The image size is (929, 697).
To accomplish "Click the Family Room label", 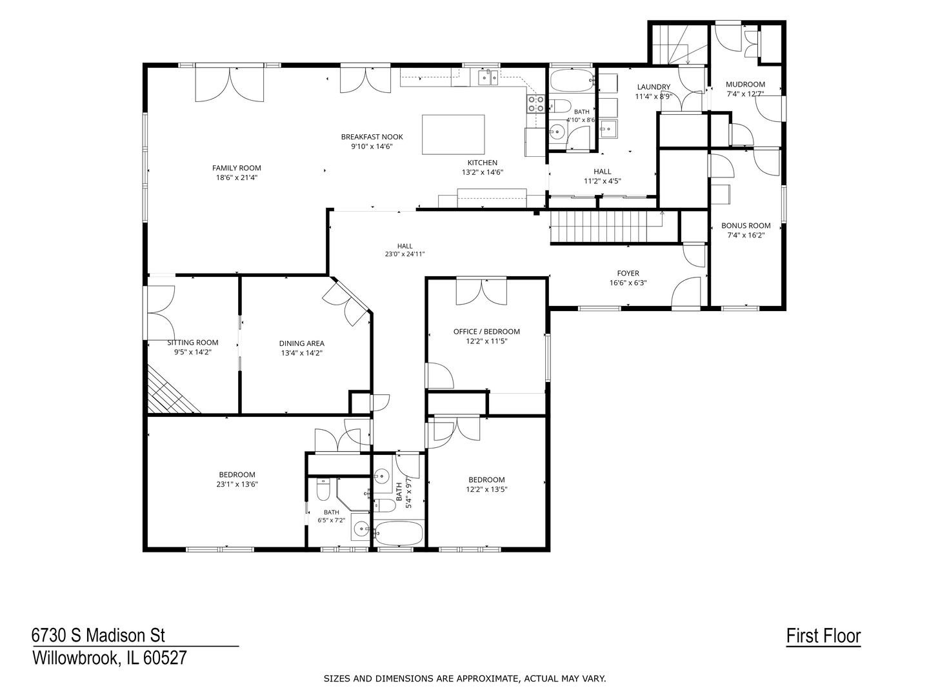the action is [x=237, y=168].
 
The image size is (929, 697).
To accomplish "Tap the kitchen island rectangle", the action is [x=454, y=135].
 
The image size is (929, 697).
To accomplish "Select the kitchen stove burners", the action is [x=535, y=104].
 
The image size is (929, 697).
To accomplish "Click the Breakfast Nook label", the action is [x=372, y=137].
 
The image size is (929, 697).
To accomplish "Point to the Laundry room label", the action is [x=654, y=86].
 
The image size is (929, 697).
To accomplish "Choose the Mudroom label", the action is [x=745, y=84].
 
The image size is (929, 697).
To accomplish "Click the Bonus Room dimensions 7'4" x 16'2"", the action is [x=746, y=236].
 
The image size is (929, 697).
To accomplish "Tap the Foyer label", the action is [x=628, y=274].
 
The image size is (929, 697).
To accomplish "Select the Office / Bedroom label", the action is [x=486, y=331].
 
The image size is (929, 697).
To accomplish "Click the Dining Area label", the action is [x=302, y=343].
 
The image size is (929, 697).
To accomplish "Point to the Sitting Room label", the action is [x=193, y=342].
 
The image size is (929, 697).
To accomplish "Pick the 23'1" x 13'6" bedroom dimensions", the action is [x=237, y=484].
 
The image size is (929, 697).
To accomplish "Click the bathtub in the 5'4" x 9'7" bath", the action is [x=399, y=533].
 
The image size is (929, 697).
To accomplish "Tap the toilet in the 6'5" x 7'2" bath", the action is [x=323, y=490].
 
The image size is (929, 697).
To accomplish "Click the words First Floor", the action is [x=823, y=636].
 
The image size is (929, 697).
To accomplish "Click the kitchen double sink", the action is [x=488, y=78].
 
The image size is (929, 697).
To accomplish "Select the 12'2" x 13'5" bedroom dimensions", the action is [x=486, y=489].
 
